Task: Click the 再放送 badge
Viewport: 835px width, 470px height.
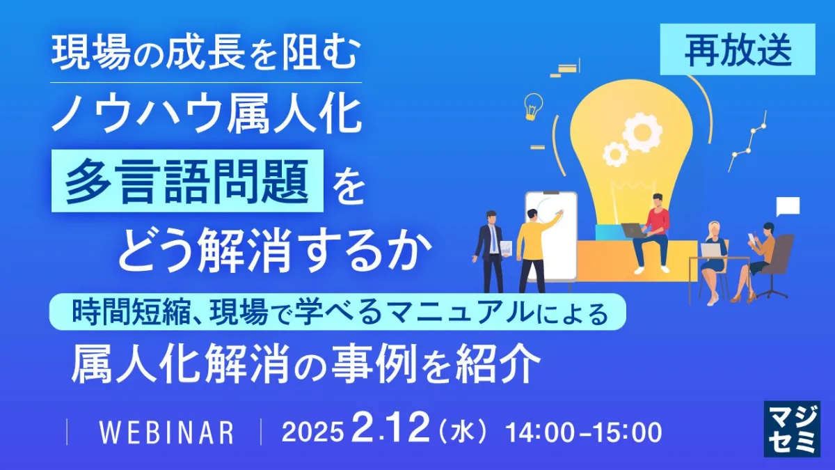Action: click(738, 49)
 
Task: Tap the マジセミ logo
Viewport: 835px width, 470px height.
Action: click(792, 429)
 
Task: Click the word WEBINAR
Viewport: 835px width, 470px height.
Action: click(166, 432)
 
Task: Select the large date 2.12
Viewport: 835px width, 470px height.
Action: click(390, 429)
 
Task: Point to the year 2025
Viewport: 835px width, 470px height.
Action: click(312, 432)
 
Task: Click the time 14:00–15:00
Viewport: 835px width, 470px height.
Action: click(583, 432)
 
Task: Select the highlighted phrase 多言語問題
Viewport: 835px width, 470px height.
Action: click(187, 181)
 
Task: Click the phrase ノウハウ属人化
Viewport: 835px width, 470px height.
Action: click(207, 114)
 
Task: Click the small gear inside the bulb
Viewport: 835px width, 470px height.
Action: click(614, 154)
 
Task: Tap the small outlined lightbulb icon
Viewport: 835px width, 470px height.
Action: click(533, 107)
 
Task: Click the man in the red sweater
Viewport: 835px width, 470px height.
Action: click(651, 234)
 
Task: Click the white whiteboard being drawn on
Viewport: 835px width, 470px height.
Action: click(552, 236)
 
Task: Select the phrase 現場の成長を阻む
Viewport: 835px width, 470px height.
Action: click(206, 54)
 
